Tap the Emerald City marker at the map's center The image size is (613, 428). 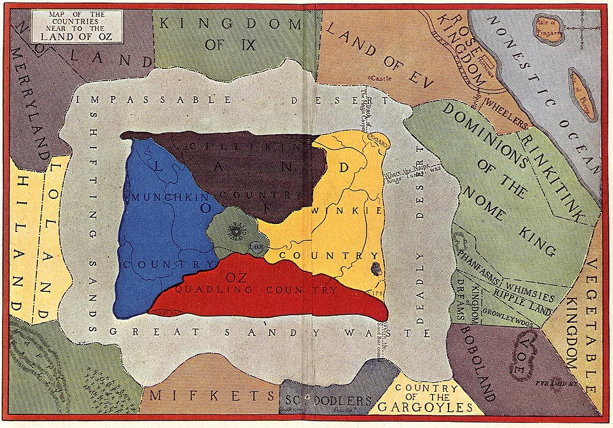pyautogui.click(x=236, y=232)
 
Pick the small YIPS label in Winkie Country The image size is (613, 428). pyautogui.click(x=379, y=293)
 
